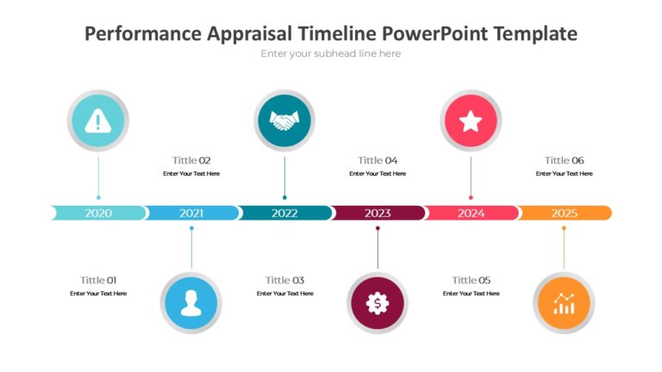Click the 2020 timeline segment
[x=98, y=213]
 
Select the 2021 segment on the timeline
[x=191, y=213]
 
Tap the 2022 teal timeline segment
[x=284, y=213]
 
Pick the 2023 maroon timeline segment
[x=378, y=213]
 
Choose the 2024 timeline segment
[x=471, y=213]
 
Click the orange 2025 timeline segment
[x=565, y=213]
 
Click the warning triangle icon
[x=98, y=121]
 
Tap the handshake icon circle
[x=284, y=121]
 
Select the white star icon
[x=471, y=121]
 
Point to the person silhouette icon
[x=191, y=302]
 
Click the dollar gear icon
[x=378, y=302]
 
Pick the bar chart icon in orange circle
[x=564, y=302]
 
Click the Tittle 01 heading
[x=98, y=280]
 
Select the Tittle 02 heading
[x=191, y=160]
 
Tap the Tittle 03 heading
[x=284, y=280]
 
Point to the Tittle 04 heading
[x=378, y=160]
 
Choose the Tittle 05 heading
[x=471, y=280]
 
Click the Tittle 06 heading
[x=564, y=160]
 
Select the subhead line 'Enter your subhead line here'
[x=331, y=53]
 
